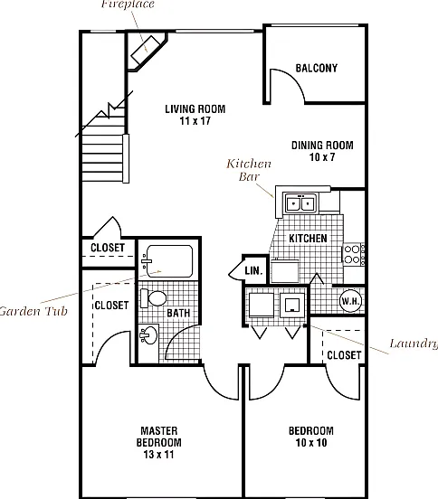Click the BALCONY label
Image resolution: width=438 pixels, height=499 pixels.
point(317,68)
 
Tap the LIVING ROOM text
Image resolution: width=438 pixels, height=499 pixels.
point(195,109)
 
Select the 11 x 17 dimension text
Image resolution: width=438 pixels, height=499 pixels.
point(195,121)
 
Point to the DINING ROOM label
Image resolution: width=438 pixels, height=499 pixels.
point(322,146)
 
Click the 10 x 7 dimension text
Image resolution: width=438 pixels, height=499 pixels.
point(322,157)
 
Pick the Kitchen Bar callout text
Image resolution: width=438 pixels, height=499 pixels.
point(249,170)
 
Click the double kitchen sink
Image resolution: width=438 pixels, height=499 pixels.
point(300,202)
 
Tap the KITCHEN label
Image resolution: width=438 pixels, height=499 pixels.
point(308,239)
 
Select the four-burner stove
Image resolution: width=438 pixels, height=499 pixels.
point(353,254)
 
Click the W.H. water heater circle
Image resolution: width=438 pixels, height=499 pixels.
point(351,301)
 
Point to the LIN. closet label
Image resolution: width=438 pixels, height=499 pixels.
point(254,271)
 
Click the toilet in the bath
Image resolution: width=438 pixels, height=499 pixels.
point(154,298)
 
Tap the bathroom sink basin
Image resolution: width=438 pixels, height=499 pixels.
point(148,335)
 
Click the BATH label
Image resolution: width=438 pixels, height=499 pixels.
point(178,313)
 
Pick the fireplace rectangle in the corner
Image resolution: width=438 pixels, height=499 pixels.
point(146,50)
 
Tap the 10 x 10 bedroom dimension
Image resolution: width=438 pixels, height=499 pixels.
point(311,443)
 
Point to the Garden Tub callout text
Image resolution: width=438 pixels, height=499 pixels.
point(33,311)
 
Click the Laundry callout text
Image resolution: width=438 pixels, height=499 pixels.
point(414,344)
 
